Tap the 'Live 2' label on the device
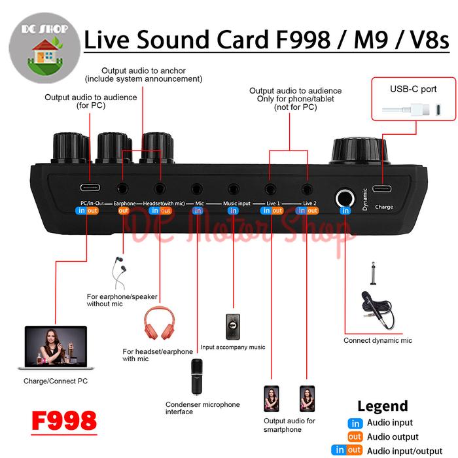click(x=309, y=203)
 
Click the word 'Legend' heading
click(x=383, y=406)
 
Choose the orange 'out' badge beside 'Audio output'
click(x=355, y=436)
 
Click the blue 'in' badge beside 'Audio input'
click(x=355, y=423)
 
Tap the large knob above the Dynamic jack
click(x=360, y=151)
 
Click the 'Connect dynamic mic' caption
click(x=378, y=340)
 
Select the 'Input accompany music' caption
click(x=233, y=347)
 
